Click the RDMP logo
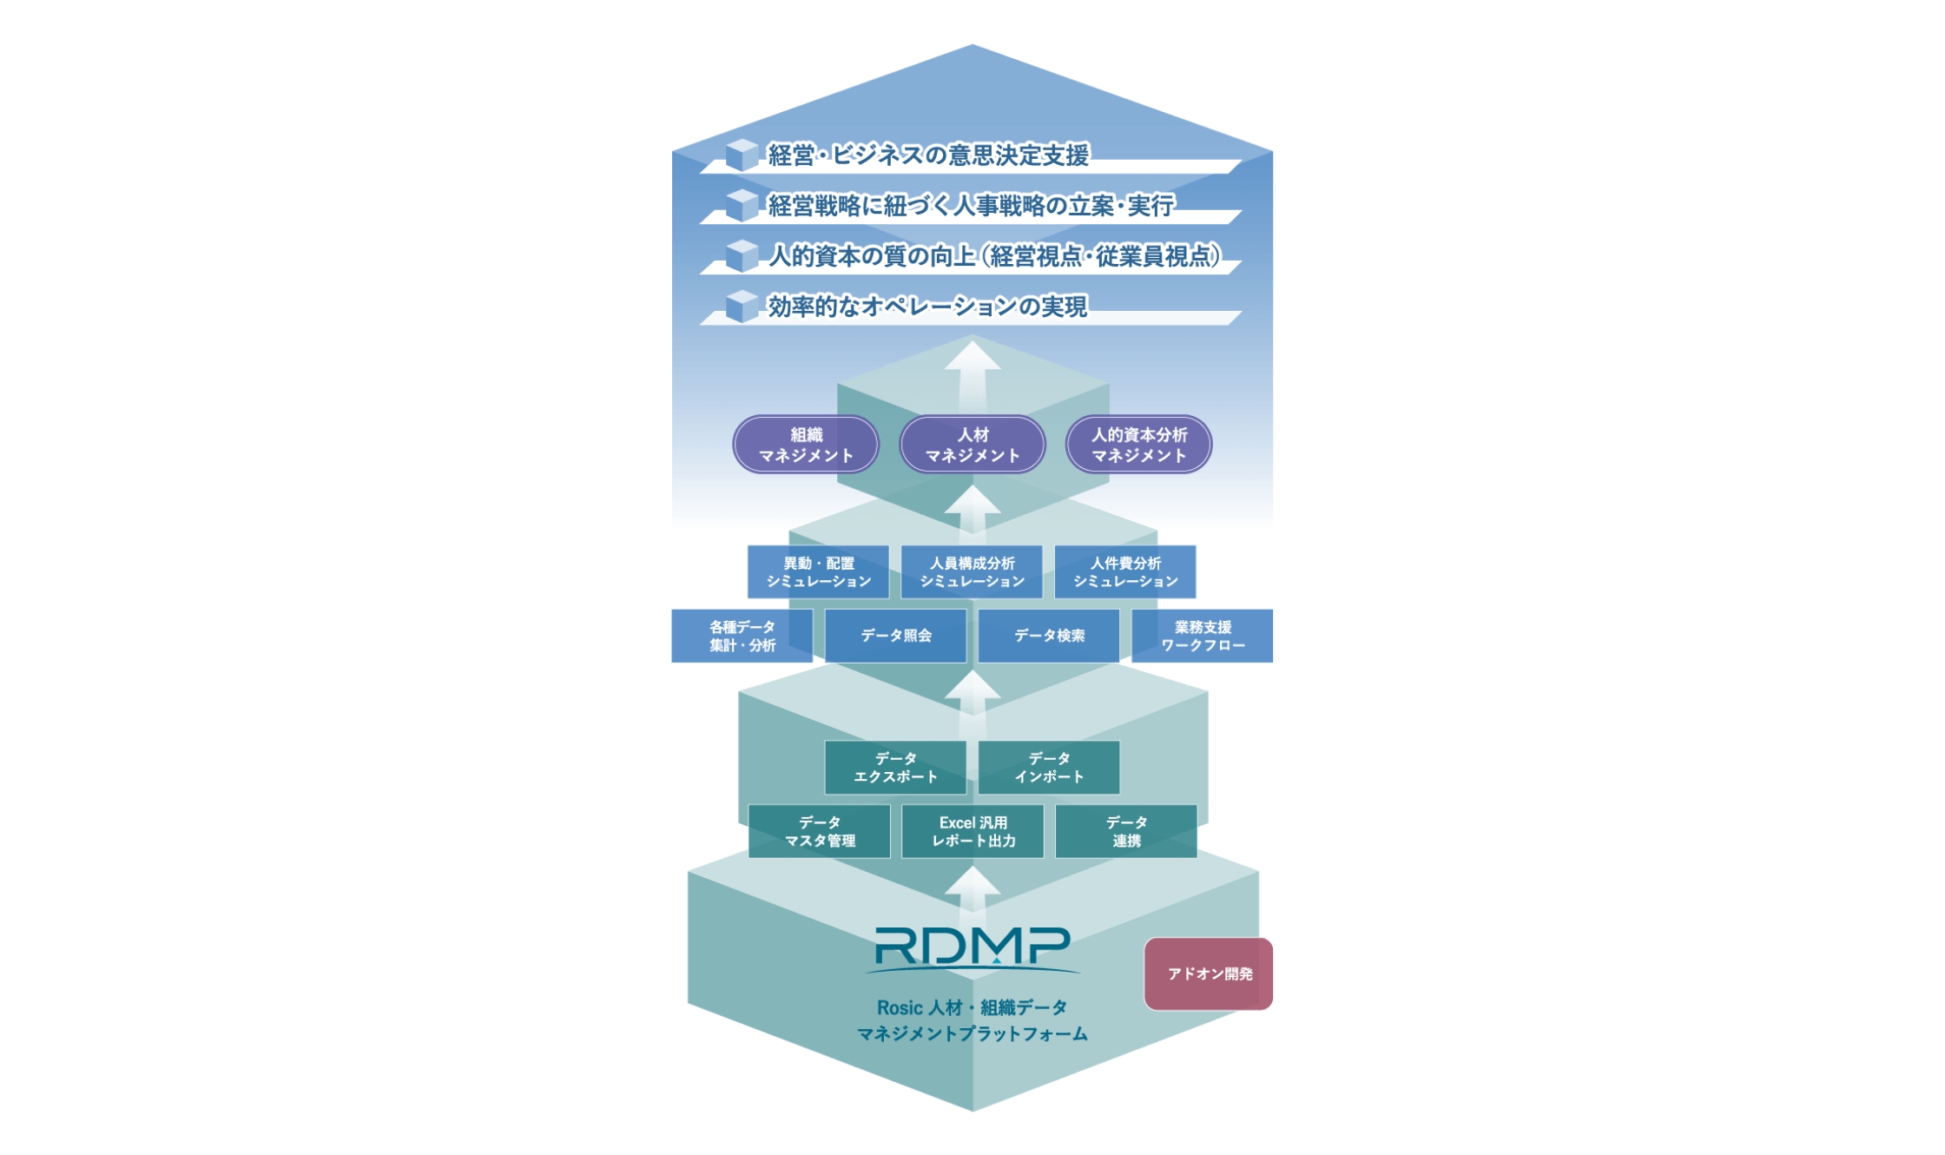click(972, 948)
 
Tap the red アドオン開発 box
click(1209, 973)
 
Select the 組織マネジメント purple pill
click(806, 445)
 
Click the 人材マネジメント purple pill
click(972, 445)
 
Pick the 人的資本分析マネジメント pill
click(1138, 445)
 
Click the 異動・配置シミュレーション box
click(818, 572)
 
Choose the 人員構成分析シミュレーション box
click(972, 572)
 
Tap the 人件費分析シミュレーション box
click(1125, 572)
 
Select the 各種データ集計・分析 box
click(742, 636)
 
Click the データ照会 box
click(895, 636)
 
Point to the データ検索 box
click(1049, 636)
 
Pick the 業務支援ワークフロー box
click(1203, 636)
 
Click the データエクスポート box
click(895, 768)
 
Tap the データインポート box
click(1049, 768)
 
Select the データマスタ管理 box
click(819, 831)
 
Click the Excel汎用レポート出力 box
click(972, 831)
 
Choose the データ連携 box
click(1126, 831)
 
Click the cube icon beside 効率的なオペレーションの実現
click(742, 306)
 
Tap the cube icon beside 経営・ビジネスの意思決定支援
click(742, 155)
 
